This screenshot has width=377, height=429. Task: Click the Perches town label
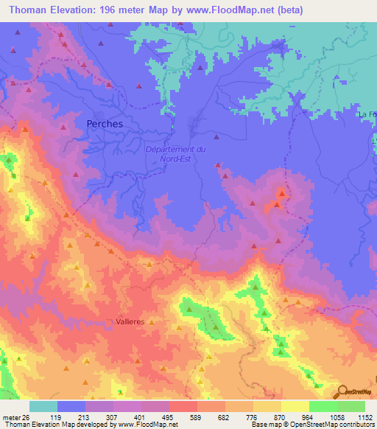click(105, 124)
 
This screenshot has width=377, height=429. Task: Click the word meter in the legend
click(10, 416)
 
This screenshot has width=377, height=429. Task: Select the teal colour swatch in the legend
click(43, 406)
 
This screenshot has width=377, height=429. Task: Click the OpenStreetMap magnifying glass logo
click(340, 391)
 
